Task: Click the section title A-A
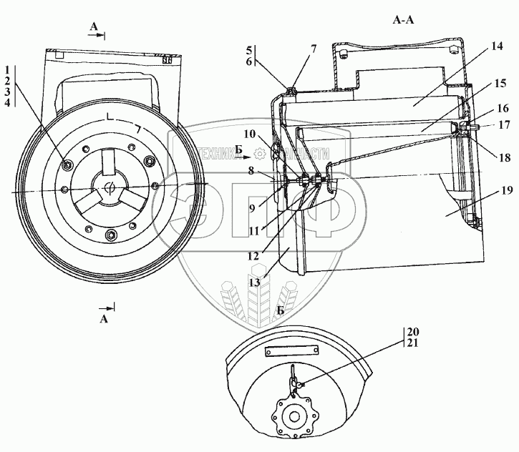404,21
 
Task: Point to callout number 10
249,134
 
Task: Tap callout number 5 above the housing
248,50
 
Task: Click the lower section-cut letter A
105,319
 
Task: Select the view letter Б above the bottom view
278,310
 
